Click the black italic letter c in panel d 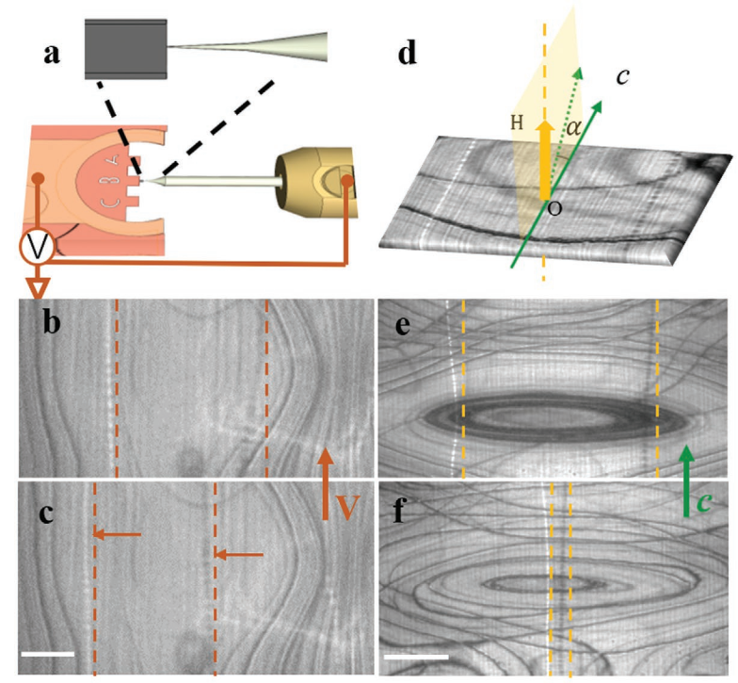[622, 74]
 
